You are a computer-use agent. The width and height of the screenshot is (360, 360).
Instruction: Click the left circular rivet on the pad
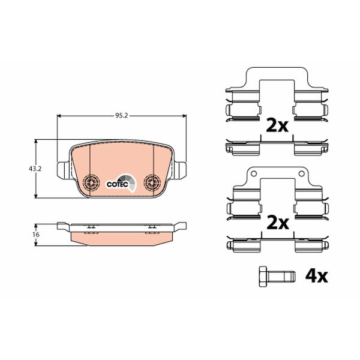pyautogui.click(x=91, y=181)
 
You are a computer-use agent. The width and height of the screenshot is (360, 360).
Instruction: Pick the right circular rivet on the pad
pyautogui.click(x=152, y=181)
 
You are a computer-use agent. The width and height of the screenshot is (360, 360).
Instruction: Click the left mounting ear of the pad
pyautogui.click(x=62, y=170)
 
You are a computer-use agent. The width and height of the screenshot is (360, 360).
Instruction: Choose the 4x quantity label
pyautogui.click(x=316, y=276)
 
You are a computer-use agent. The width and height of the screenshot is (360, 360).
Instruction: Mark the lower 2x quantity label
pyautogui.click(x=277, y=223)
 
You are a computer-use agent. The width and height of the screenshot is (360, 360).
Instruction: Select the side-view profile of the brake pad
pyautogui.click(x=120, y=233)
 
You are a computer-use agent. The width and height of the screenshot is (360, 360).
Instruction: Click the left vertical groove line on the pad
pyautogui.click(x=89, y=162)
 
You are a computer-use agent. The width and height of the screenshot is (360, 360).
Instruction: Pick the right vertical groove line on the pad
pyautogui.click(x=154, y=162)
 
